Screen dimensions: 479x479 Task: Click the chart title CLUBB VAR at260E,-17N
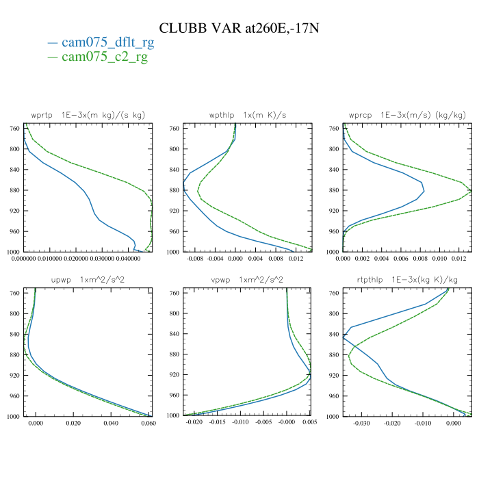tap(239, 28)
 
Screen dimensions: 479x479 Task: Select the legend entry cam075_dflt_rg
tap(107, 42)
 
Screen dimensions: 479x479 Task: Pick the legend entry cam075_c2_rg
tap(104, 57)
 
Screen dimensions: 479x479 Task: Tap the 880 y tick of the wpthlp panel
tap(174, 190)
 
